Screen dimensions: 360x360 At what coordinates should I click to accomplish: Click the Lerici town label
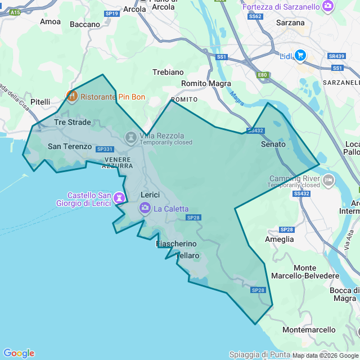click(150, 195)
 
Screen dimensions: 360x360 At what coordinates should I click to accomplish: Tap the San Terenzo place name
click(69, 146)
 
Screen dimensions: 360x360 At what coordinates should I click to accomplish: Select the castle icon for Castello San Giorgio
click(119, 198)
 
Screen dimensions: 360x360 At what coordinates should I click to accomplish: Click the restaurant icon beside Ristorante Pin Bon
click(72, 96)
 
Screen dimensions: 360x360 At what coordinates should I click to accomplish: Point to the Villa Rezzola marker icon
click(130, 137)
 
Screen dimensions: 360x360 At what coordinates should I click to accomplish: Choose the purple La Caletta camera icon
click(145, 209)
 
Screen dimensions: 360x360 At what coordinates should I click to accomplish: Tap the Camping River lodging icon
click(328, 180)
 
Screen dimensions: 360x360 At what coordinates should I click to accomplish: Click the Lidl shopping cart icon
click(300, 55)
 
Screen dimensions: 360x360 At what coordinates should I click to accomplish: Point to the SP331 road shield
click(105, 149)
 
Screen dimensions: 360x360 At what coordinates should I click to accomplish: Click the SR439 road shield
click(336, 56)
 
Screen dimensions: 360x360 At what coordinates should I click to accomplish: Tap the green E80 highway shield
click(262, 74)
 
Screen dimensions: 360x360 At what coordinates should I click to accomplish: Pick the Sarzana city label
click(290, 23)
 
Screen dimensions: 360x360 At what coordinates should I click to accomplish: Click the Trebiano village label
click(168, 72)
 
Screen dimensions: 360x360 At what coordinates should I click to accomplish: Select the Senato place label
click(273, 144)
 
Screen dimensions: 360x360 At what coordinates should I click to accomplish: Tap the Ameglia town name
click(279, 239)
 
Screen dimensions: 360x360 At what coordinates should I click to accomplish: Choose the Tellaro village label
click(187, 255)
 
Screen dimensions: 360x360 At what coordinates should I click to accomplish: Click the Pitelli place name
click(40, 102)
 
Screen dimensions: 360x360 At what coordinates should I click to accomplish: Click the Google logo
click(19, 353)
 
